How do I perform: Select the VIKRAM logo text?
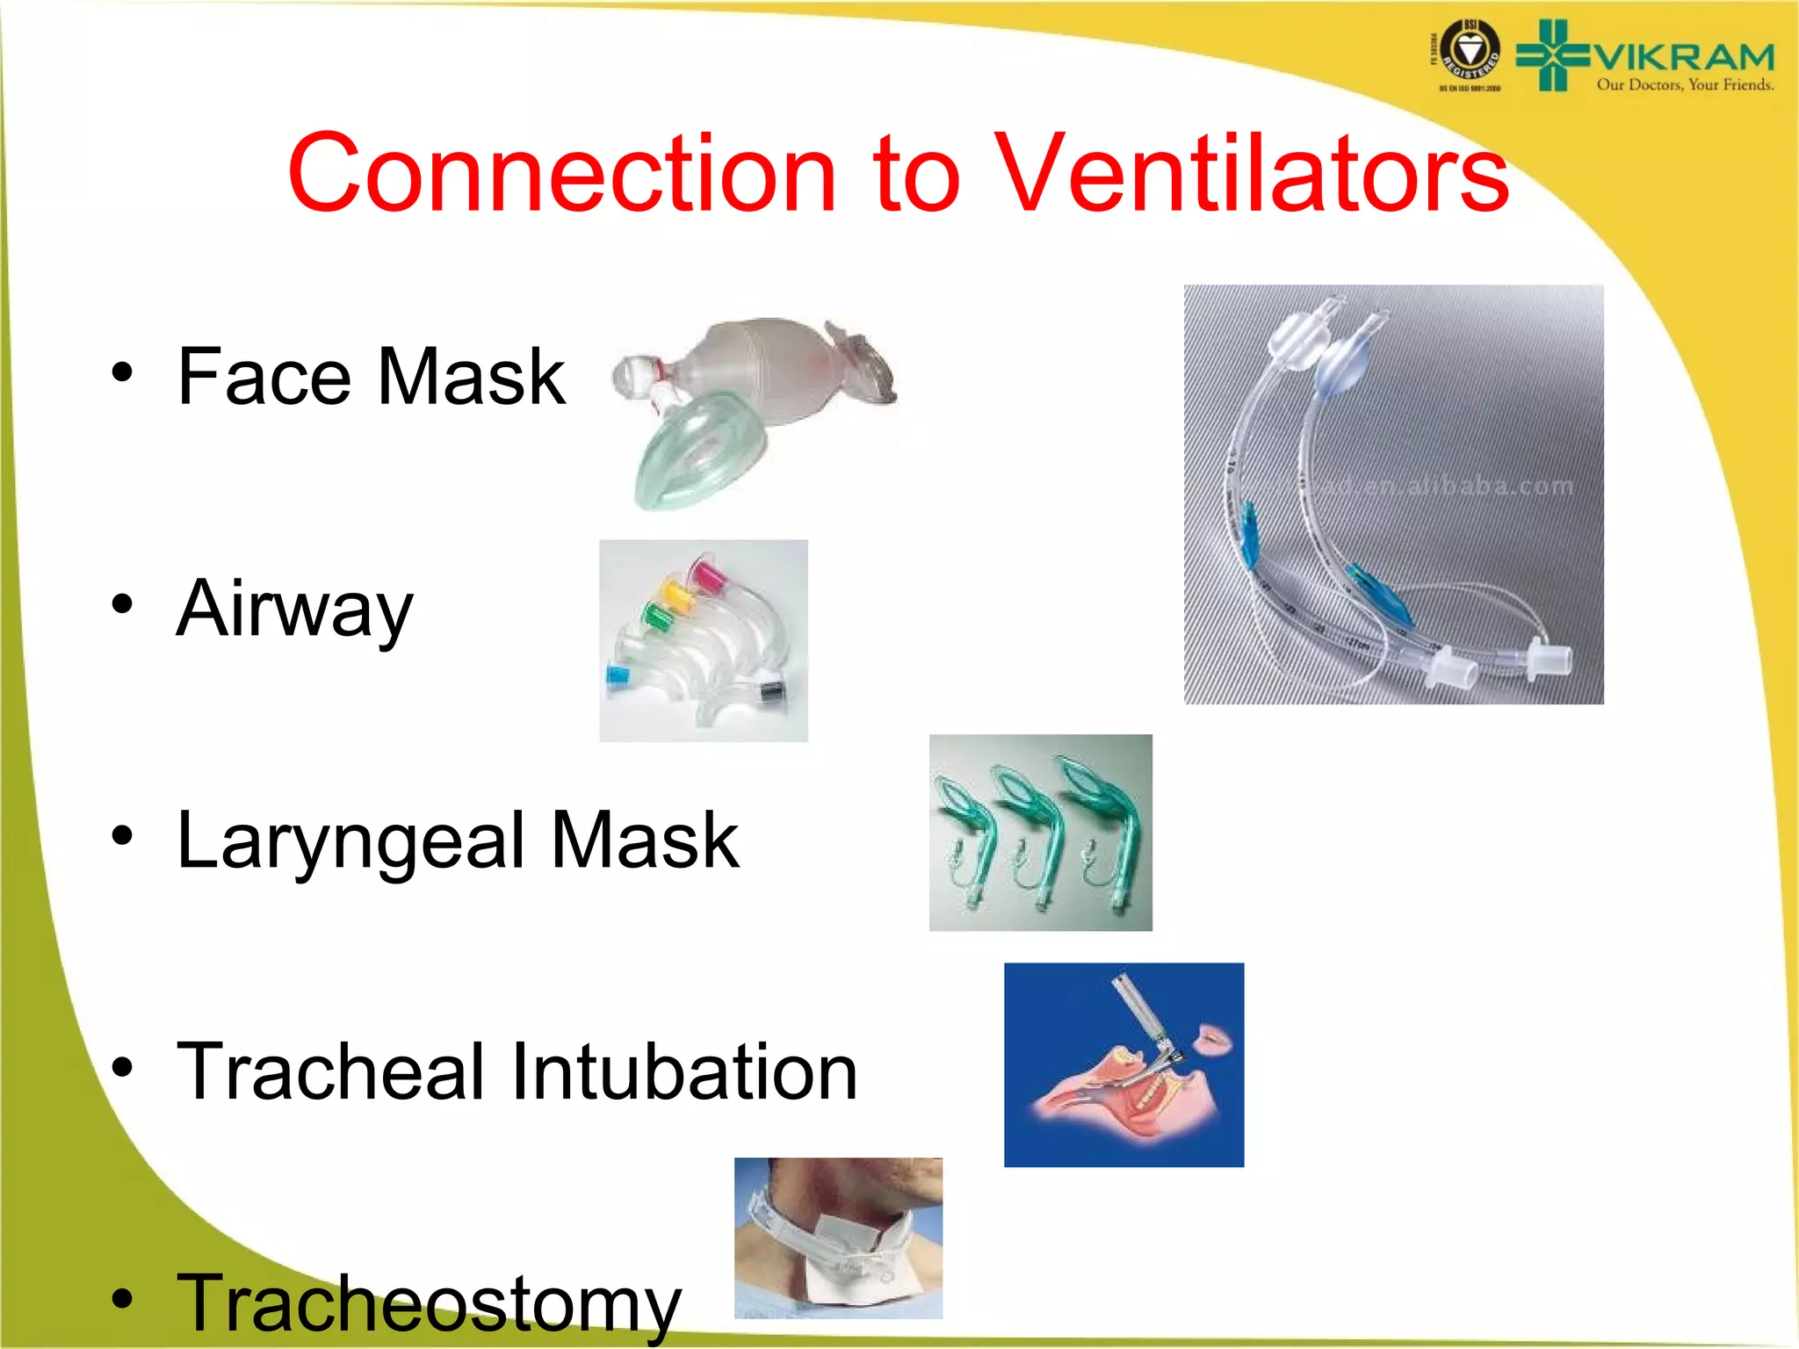[1683, 58]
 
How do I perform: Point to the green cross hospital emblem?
[1553, 55]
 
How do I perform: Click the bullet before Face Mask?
[122, 372]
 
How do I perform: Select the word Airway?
[294, 609]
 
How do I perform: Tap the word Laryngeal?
[351, 841]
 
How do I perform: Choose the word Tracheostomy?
[429, 1304]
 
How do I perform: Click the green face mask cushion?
[698, 452]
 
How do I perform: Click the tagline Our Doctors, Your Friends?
[1684, 85]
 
